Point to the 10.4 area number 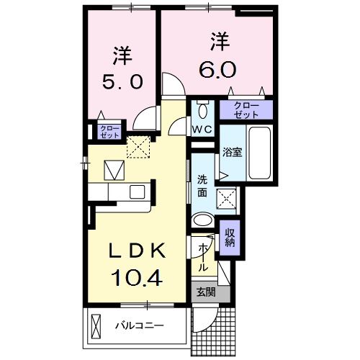137,276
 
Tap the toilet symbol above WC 202,111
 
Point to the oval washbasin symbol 204,221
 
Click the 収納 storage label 230,237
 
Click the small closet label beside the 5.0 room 110,131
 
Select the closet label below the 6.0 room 246,109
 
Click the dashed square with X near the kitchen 137,147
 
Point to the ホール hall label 204,256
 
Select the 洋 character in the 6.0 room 219,41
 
